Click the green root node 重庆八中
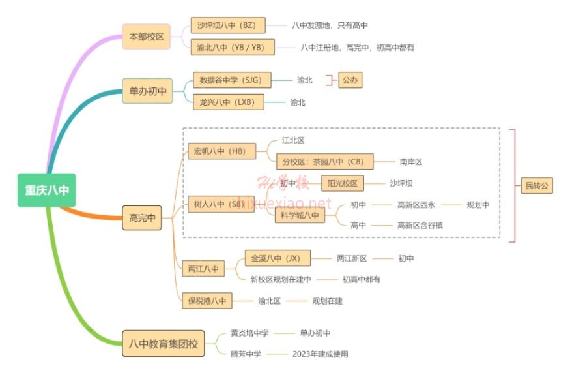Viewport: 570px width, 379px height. click(47, 190)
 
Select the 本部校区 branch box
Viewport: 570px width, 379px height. click(147, 37)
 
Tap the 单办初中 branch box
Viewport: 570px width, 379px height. click(147, 91)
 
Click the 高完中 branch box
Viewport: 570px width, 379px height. click(142, 218)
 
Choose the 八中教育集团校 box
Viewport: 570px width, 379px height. click(163, 343)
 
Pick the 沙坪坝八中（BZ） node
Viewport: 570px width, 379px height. click(228, 25)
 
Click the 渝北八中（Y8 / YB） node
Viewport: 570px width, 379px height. click(233, 47)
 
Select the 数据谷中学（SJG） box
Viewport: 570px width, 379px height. click(232, 80)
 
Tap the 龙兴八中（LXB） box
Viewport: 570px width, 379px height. click(229, 102)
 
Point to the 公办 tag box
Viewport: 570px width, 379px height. click(350, 80)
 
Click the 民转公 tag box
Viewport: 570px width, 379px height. click(537, 186)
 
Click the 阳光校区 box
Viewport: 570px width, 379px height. click(342, 183)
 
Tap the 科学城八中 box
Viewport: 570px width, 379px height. click(299, 215)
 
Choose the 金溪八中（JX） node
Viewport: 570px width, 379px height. click(278, 258)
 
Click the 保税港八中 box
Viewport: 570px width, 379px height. click(207, 301)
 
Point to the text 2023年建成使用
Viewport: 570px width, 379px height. click(321, 354)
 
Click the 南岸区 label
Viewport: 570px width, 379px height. click(411, 162)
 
